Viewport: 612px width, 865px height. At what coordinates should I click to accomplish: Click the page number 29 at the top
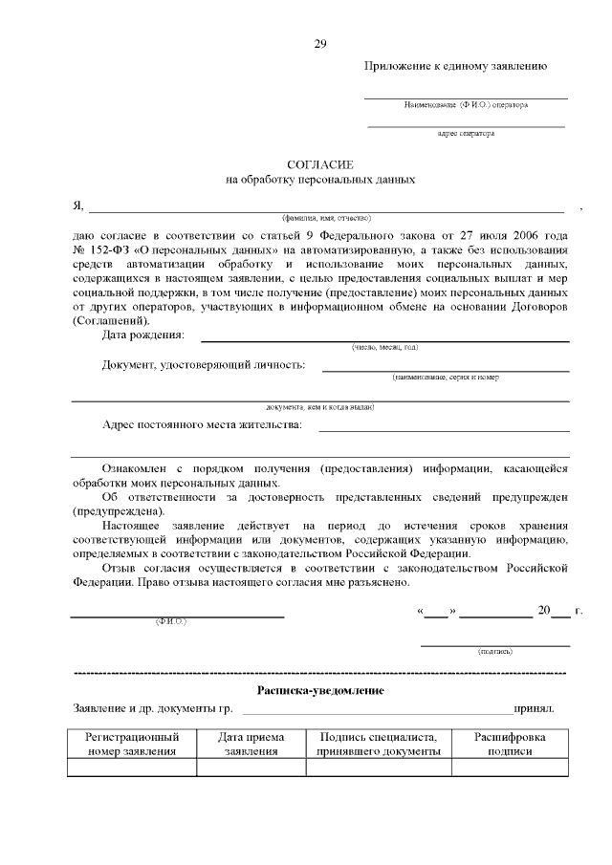coord(320,44)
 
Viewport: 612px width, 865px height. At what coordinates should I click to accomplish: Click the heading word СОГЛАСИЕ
coord(320,164)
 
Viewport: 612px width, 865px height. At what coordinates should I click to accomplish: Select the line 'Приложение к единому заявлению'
coord(455,66)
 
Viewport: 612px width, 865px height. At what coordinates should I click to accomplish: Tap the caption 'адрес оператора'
coord(466,134)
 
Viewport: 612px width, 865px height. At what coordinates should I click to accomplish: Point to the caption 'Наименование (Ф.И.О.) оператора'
coord(466,103)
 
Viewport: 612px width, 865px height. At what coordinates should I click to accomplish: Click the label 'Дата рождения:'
coord(143,335)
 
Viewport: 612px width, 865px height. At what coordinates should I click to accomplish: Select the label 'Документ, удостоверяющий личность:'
coord(204,364)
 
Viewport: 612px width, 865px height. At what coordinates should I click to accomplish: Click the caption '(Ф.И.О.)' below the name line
coord(171,622)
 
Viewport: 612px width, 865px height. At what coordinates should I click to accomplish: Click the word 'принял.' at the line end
coord(534,709)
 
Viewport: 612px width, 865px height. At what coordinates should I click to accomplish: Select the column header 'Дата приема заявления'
coord(251,745)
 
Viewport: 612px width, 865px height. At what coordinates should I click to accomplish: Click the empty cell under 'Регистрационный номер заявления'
coord(132,767)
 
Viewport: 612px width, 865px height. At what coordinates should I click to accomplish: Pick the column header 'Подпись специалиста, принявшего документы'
coord(379,745)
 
